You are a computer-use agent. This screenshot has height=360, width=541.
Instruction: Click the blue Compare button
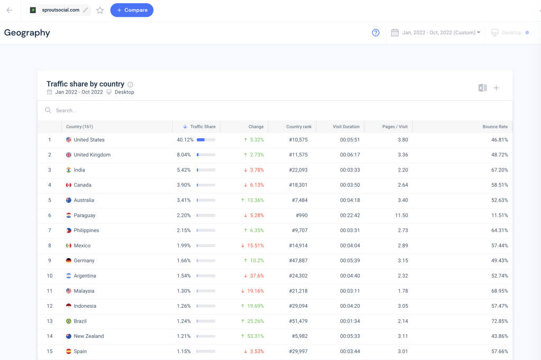click(x=132, y=10)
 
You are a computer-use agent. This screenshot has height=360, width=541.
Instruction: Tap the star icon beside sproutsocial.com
click(x=100, y=10)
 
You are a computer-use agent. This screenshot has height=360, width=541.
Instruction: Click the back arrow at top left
click(x=9, y=10)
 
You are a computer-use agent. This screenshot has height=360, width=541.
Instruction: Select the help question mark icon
click(x=376, y=33)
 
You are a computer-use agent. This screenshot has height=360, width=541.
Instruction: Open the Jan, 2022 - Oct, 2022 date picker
click(x=436, y=33)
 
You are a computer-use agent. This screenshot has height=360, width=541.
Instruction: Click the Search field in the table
click(x=158, y=110)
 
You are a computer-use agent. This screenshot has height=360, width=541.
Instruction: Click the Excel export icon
click(x=482, y=88)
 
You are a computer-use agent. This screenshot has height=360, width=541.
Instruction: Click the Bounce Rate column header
click(x=495, y=127)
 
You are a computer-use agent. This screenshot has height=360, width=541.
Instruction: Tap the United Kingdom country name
click(x=92, y=155)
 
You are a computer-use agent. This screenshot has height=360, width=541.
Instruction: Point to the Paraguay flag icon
click(x=69, y=215)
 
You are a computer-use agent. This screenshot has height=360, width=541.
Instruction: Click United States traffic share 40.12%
click(x=185, y=140)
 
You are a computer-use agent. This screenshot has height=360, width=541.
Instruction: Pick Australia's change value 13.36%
click(x=255, y=200)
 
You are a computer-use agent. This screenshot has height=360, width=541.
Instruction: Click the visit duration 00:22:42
click(x=350, y=215)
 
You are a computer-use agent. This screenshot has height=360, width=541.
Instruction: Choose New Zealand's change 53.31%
click(x=255, y=336)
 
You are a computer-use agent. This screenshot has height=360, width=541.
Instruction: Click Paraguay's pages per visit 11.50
click(x=401, y=215)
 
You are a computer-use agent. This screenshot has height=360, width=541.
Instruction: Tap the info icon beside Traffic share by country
click(x=130, y=84)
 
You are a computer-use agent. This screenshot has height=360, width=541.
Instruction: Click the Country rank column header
click(x=299, y=127)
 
